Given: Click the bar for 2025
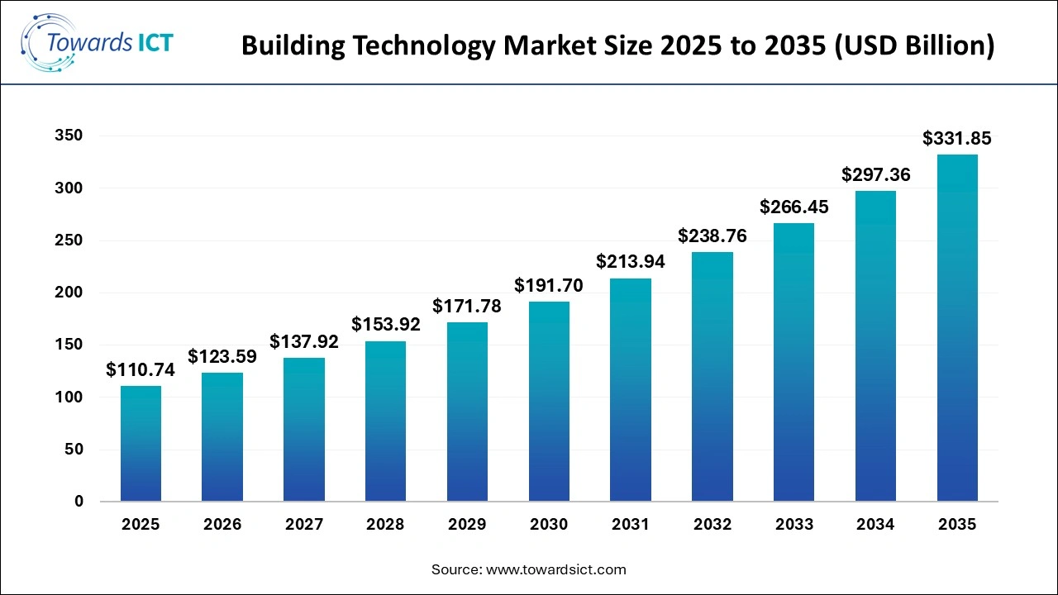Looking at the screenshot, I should (x=141, y=444).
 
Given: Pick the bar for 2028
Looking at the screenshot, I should (x=386, y=421).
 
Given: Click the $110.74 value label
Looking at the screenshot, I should (x=141, y=370).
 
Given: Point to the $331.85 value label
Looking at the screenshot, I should (x=957, y=139).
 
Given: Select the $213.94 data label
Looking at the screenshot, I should (x=631, y=263).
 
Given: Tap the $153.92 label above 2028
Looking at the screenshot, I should (x=386, y=325).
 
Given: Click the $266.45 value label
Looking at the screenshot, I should (x=793, y=207).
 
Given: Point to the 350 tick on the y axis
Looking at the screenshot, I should (x=69, y=136).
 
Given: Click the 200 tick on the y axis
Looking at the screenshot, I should (x=69, y=293).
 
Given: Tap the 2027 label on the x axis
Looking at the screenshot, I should (x=304, y=525).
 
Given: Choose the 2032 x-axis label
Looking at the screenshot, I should (x=712, y=525).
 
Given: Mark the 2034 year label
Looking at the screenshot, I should (x=875, y=525).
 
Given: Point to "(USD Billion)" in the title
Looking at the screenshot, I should (x=913, y=46).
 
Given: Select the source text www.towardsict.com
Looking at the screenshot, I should (x=555, y=569).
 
